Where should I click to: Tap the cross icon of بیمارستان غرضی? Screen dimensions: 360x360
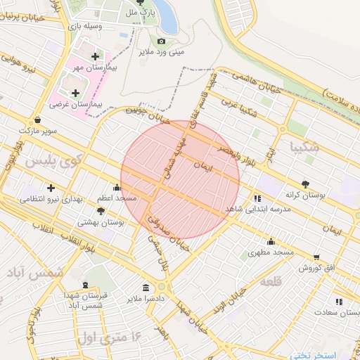[x=75, y=92]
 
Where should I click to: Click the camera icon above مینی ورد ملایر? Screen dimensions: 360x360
[x=161, y=41]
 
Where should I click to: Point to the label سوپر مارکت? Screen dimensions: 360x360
[x=38, y=130]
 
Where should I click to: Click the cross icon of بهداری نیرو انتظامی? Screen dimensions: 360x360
[x=51, y=188]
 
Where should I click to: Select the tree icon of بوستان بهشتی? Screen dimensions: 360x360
[x=101, y=210]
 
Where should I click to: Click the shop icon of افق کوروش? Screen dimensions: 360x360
[x=316, y=257]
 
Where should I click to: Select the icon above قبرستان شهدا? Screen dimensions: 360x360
[x=86, y=285]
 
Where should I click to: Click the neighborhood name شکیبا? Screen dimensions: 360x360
[x=304, y=148]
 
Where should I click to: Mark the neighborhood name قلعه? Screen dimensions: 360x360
[x=271, y=281]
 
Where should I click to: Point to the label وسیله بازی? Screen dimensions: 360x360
[x=84, y=26]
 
